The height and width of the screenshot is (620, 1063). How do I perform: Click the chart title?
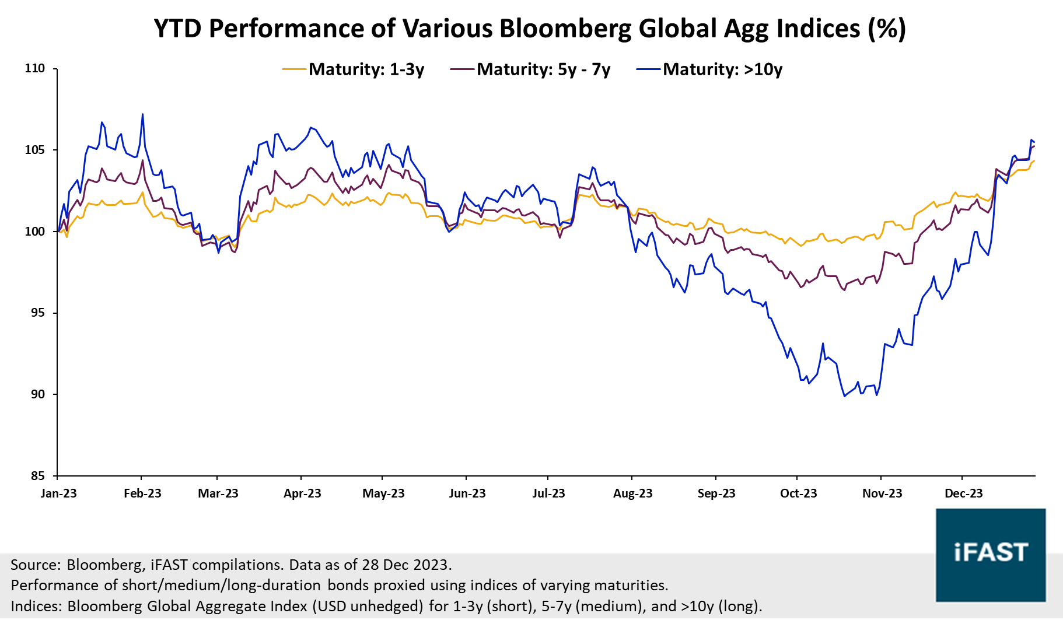(x=530, y=28)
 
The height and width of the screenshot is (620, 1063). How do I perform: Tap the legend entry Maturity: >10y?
(x=722, y=69)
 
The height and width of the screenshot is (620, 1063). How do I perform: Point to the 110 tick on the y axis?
(x=34, y=68)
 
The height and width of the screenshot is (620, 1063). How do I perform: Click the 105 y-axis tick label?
(x=34, y=150)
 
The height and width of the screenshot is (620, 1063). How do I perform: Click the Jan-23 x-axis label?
(x=58, y=493)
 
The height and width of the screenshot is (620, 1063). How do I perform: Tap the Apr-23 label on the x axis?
(x=302, y=493)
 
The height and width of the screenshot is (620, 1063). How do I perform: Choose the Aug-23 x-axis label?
(x=632, y=493)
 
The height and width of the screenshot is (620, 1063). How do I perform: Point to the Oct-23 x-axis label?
(x=798, y=493)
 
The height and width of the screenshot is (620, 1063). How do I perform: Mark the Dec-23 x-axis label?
(x=963, y=493)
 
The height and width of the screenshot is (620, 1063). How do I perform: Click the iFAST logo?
(x=990, y=555)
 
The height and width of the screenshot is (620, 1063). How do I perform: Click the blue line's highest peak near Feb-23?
(x=142, y=114)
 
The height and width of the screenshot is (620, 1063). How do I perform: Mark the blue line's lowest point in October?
(x=844, y=396)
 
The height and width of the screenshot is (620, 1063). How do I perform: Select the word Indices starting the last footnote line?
(x=35, y=606)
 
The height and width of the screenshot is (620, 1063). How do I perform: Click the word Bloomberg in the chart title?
(x=565, y=28)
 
